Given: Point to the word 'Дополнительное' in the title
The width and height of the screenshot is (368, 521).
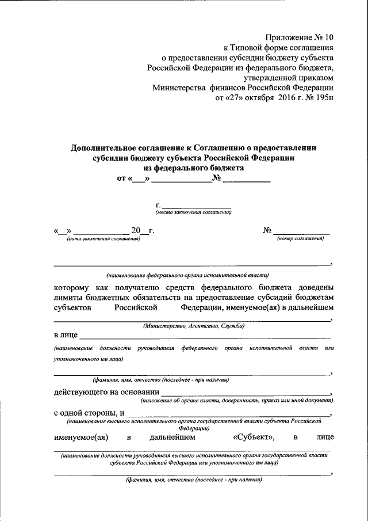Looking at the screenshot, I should click(x=102, y=147).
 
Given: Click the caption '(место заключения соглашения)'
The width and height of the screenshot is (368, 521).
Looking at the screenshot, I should click(x=194, y=212).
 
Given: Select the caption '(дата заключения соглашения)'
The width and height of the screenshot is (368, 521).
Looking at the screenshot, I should click(x=103, y=238).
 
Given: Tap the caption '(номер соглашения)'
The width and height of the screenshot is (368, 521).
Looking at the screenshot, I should click(x=300, y=238).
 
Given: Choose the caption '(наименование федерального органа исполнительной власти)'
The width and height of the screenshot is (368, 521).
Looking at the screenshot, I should click(x=187, y=275).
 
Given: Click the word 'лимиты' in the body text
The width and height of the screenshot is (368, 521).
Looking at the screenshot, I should click(x=70, y=297).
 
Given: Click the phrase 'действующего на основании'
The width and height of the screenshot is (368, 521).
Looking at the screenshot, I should click(x=102, y=393).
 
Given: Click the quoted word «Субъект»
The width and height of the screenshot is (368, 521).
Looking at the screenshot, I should click(x=254, y=438).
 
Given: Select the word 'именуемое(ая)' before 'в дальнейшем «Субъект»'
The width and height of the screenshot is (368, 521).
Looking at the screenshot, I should click(x=81, y=438).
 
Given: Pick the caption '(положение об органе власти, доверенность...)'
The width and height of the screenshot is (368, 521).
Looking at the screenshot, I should click(x=236, y=400).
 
